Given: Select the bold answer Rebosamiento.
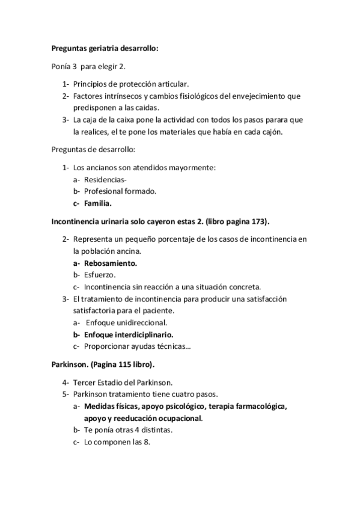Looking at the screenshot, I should point(111,263).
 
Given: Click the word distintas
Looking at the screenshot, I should point(154,430).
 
